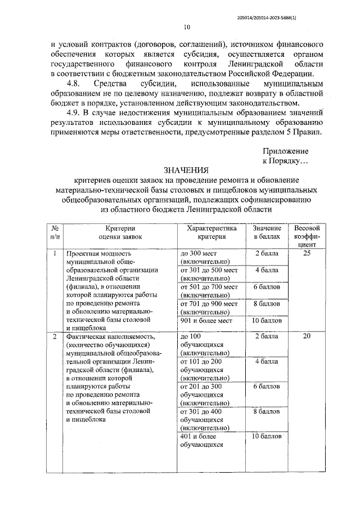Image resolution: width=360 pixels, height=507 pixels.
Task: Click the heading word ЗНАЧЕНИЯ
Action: pos(186,169)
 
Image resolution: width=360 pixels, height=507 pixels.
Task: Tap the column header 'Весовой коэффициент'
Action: pos(307,236)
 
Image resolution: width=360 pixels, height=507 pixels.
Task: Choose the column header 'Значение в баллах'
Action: pos(267,232)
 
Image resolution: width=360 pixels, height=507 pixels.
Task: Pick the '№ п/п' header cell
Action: pos(55,232)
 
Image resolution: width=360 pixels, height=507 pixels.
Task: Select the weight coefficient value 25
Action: pos(307,254)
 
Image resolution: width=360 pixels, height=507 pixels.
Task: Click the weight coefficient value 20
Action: pos(307,336)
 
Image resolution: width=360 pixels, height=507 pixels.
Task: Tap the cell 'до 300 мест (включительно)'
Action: pos(205,258)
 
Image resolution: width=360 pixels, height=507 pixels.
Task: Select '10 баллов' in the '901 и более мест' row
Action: pos(267,320)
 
